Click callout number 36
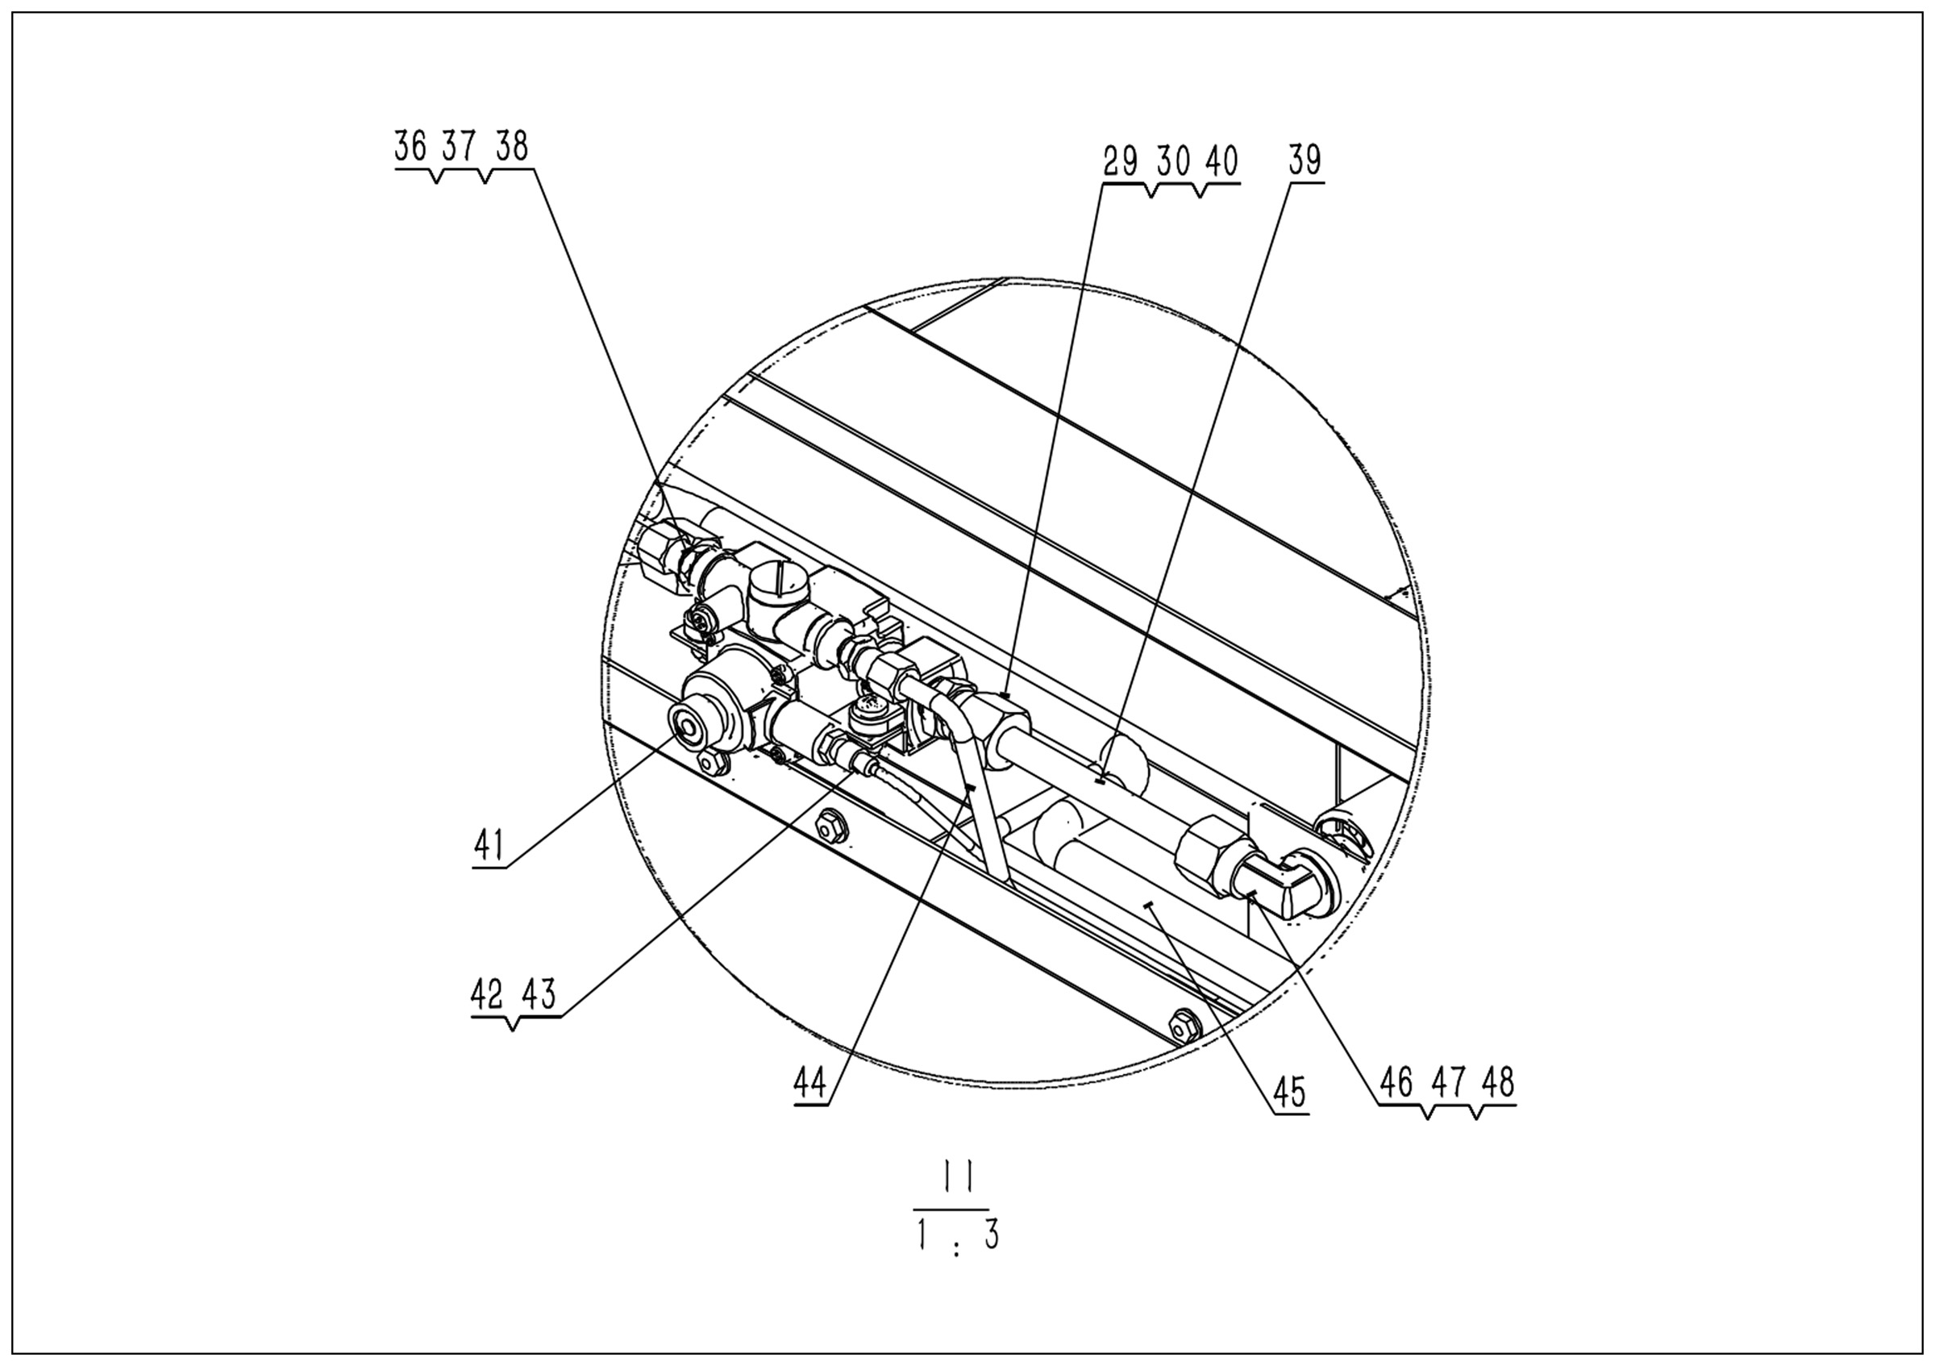410,147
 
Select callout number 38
511,147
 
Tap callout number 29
1121,161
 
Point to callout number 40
1221,161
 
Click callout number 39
1305,160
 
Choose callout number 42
487,995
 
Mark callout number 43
539,995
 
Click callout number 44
810,1084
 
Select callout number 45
1290,1093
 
